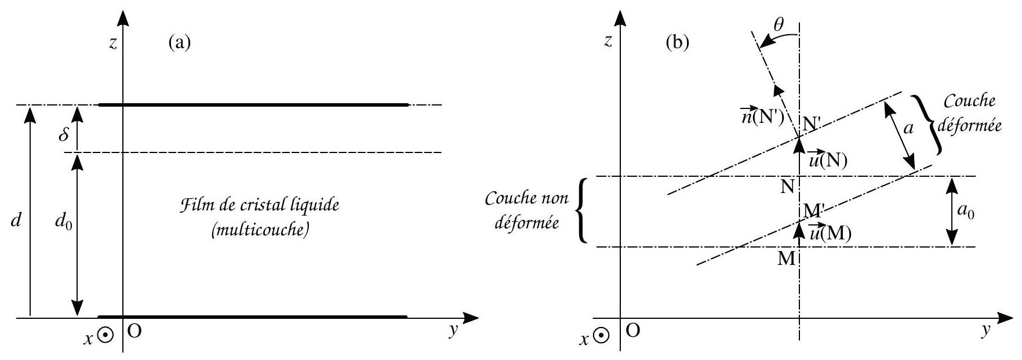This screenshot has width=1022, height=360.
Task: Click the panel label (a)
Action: (179, 43)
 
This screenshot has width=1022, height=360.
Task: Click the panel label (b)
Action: (679, 43)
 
